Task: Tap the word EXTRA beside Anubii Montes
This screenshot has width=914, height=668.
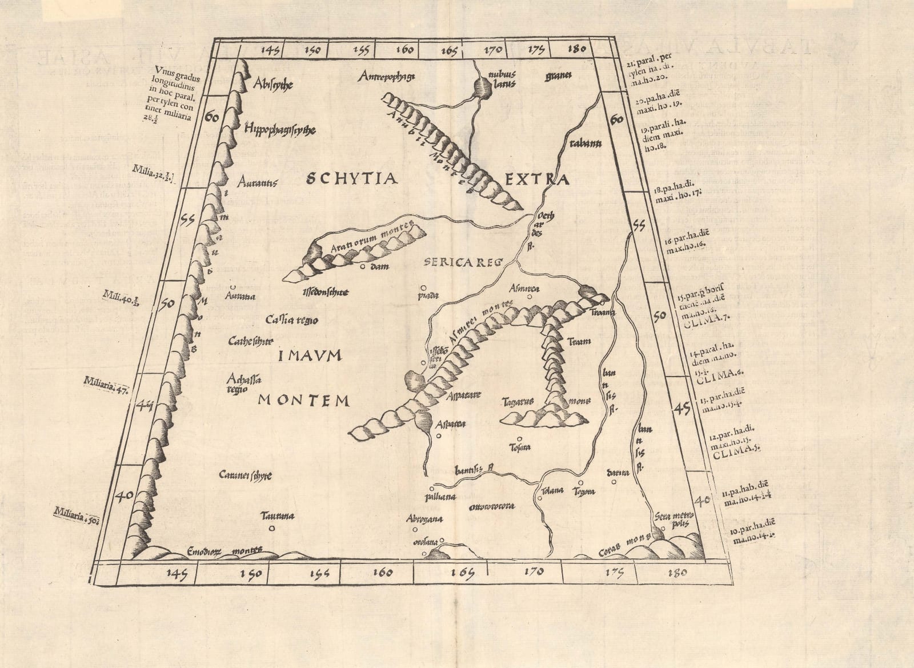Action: (x=537, y=181)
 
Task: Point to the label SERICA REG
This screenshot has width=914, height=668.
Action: (x=463, y=263)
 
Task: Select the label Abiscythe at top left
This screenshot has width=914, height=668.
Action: (x=272, y=84)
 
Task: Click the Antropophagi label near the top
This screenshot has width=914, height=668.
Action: (x=387, y=75)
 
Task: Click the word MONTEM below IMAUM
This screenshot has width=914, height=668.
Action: (x=303, y=401)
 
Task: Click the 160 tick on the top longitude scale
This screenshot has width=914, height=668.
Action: (x=404, y=50)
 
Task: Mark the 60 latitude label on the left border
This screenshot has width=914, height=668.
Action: (x=211, y=118)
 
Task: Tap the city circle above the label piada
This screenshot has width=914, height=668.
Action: (x=423, y=289)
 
